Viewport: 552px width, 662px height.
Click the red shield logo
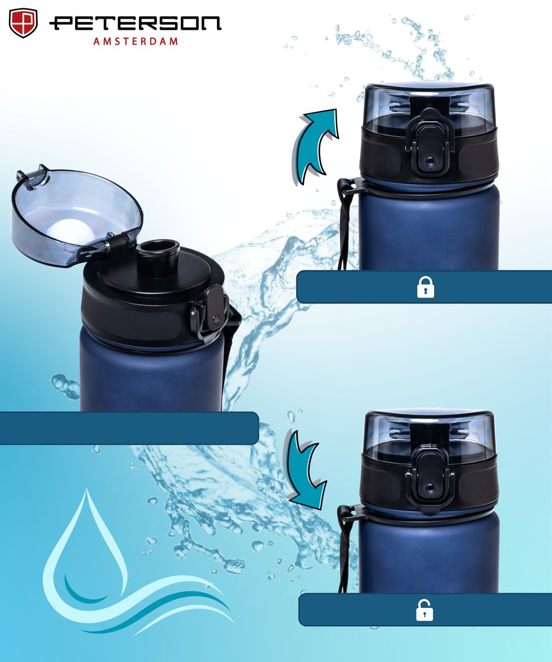click(x=23, y=23)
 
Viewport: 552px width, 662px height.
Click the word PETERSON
click(x=135, y=24)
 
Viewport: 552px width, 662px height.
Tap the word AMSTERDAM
click(x=135, y=41)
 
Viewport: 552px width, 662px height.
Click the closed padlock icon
click(x=426, y=287)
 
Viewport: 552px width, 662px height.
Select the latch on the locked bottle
click(x=429, y=143)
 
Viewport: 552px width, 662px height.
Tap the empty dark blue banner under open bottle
click(x=129, y=428)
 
